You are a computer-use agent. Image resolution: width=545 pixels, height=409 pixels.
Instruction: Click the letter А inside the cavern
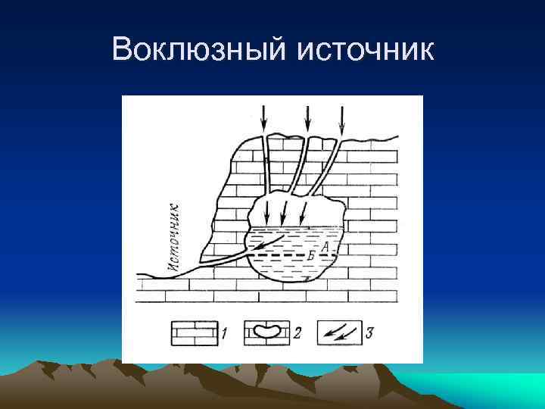[324, 246]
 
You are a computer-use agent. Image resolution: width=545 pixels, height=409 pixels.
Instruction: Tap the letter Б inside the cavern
[312, 258]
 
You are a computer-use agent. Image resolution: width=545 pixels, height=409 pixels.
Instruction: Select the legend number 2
[297, 331]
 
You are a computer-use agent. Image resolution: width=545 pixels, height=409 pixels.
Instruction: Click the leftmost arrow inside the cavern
[266, 207]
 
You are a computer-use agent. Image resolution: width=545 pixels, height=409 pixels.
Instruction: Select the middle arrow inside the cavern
[284, 207]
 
